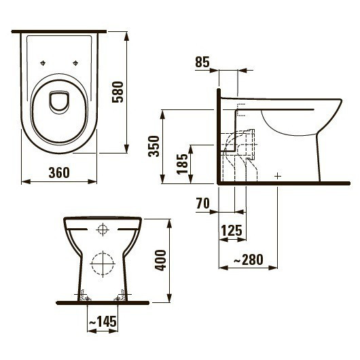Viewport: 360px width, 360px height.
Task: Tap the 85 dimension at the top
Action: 202,62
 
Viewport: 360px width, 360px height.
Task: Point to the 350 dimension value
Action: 156,145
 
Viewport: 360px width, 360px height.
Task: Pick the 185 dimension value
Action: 183,164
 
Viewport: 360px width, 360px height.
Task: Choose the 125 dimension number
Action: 232,231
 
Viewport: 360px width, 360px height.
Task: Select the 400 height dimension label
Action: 161,259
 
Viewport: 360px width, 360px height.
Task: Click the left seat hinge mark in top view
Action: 43,63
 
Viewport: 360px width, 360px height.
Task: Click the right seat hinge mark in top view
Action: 74,63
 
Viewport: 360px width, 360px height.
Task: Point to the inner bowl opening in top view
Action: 59,102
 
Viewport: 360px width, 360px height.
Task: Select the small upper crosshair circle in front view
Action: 103,229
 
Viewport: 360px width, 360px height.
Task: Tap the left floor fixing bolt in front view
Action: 84,296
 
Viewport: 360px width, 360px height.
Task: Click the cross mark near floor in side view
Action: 278,176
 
